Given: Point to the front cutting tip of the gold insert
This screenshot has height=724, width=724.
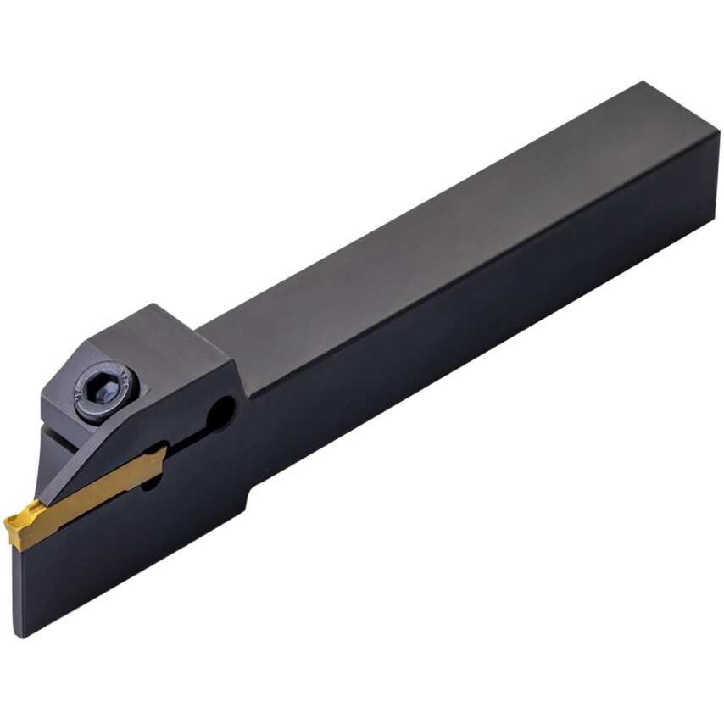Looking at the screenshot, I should pos(8,521).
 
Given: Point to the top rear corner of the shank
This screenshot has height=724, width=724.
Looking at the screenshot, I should pos(644,83).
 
